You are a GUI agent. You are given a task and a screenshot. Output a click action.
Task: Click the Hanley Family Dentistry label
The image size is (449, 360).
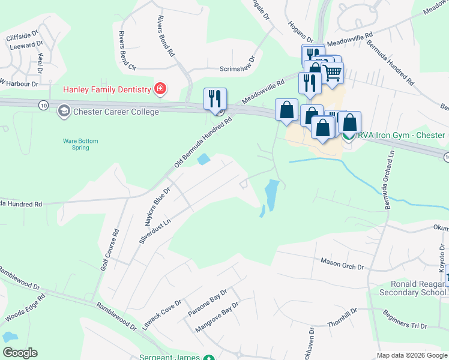coord(107,90)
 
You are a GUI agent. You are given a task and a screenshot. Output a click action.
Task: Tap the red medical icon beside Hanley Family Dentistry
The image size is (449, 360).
coord(160,90)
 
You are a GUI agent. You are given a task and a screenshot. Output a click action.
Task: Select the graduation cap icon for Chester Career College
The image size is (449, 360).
coord(63,111)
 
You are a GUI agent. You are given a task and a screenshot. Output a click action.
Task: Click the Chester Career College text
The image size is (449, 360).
coord(116,112)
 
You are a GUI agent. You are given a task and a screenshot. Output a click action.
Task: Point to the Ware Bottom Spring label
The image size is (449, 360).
coord(80,144)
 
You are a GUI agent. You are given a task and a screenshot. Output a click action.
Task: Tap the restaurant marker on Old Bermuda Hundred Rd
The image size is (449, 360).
coord(215,99)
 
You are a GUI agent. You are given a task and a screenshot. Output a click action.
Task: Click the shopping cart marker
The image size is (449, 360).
coord(332,73)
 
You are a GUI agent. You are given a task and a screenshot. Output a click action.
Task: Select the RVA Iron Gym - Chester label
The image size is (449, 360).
coord(402,135)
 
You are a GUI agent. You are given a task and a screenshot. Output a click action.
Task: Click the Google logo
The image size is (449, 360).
coord(20,353)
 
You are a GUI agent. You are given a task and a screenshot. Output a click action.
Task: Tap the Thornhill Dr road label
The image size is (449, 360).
coord(342,318)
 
